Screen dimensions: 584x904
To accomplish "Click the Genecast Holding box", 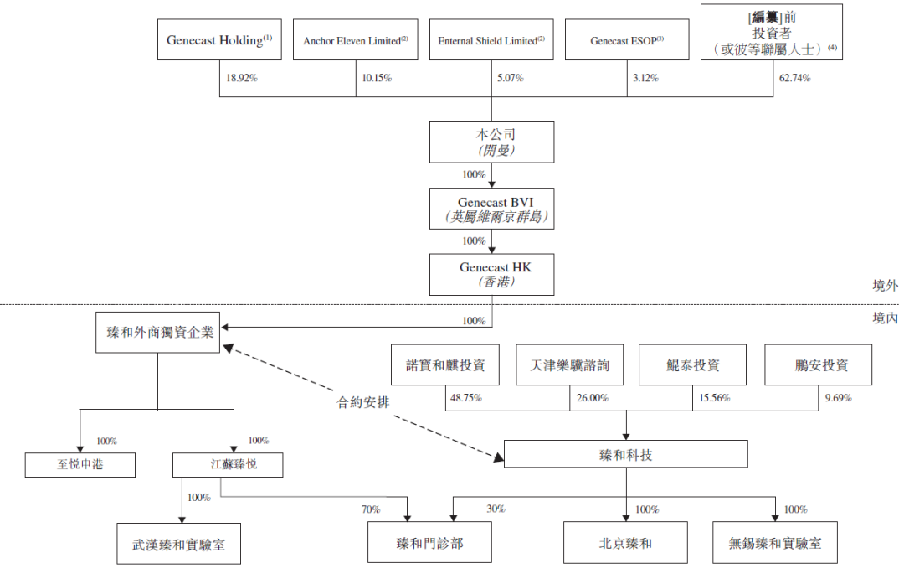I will coord(219,40).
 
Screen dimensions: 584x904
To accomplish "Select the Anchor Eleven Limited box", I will coord(355,40).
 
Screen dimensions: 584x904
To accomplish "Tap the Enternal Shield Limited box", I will coord(491,40).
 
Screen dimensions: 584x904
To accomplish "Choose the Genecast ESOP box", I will coord(627,40).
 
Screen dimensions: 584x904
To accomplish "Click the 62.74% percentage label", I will coord(794,78).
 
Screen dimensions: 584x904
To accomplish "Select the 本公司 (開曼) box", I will coord(491,142).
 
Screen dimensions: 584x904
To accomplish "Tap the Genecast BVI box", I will coord(491,209).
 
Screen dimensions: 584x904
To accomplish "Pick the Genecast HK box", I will coord(491,275).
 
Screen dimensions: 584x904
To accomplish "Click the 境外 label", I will coord(884,286).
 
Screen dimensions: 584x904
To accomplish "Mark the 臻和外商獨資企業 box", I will coord(157,333).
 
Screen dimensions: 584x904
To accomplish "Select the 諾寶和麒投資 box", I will coord(445,365).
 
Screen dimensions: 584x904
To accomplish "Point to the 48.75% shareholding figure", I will coord(466,398).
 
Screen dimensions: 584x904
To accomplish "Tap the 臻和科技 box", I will coord(626,454).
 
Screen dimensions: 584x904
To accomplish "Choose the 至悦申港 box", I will coord(80,464).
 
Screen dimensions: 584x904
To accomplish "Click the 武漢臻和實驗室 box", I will coord(179,543).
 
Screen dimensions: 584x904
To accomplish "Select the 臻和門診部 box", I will coord(430,543).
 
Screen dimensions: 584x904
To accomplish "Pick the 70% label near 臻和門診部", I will coord(370,509).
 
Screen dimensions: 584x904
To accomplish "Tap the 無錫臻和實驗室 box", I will coord(775,543).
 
